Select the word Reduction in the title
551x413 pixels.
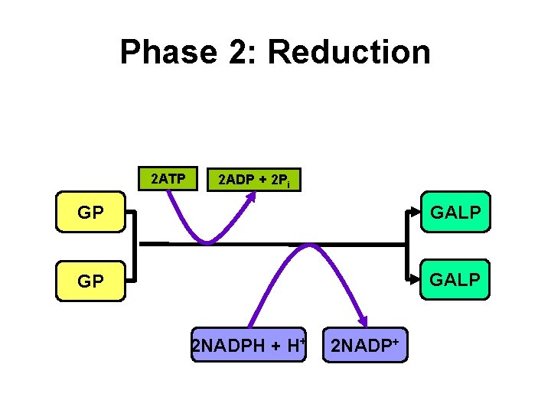[349, 52]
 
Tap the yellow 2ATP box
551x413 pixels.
[166, 179]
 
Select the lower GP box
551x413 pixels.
[91, 281]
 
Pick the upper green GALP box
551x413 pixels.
[455, 212]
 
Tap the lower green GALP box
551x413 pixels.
[455, 280]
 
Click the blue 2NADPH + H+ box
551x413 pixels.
[248, 346]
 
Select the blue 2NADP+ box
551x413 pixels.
[365, 345]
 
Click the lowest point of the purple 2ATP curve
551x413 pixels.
[207, 242]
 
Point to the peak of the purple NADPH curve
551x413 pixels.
[309, 246]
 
